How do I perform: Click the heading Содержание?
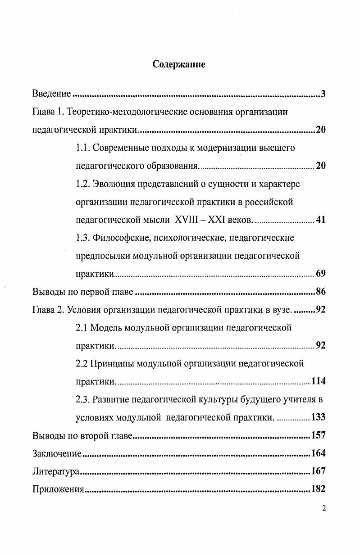click(178, 64)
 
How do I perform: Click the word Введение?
click(52, 94)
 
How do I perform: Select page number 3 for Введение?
click(323, 94)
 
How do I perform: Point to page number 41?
click(321, 220)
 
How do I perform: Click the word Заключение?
click(57, 453)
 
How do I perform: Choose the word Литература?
click(56, 471)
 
